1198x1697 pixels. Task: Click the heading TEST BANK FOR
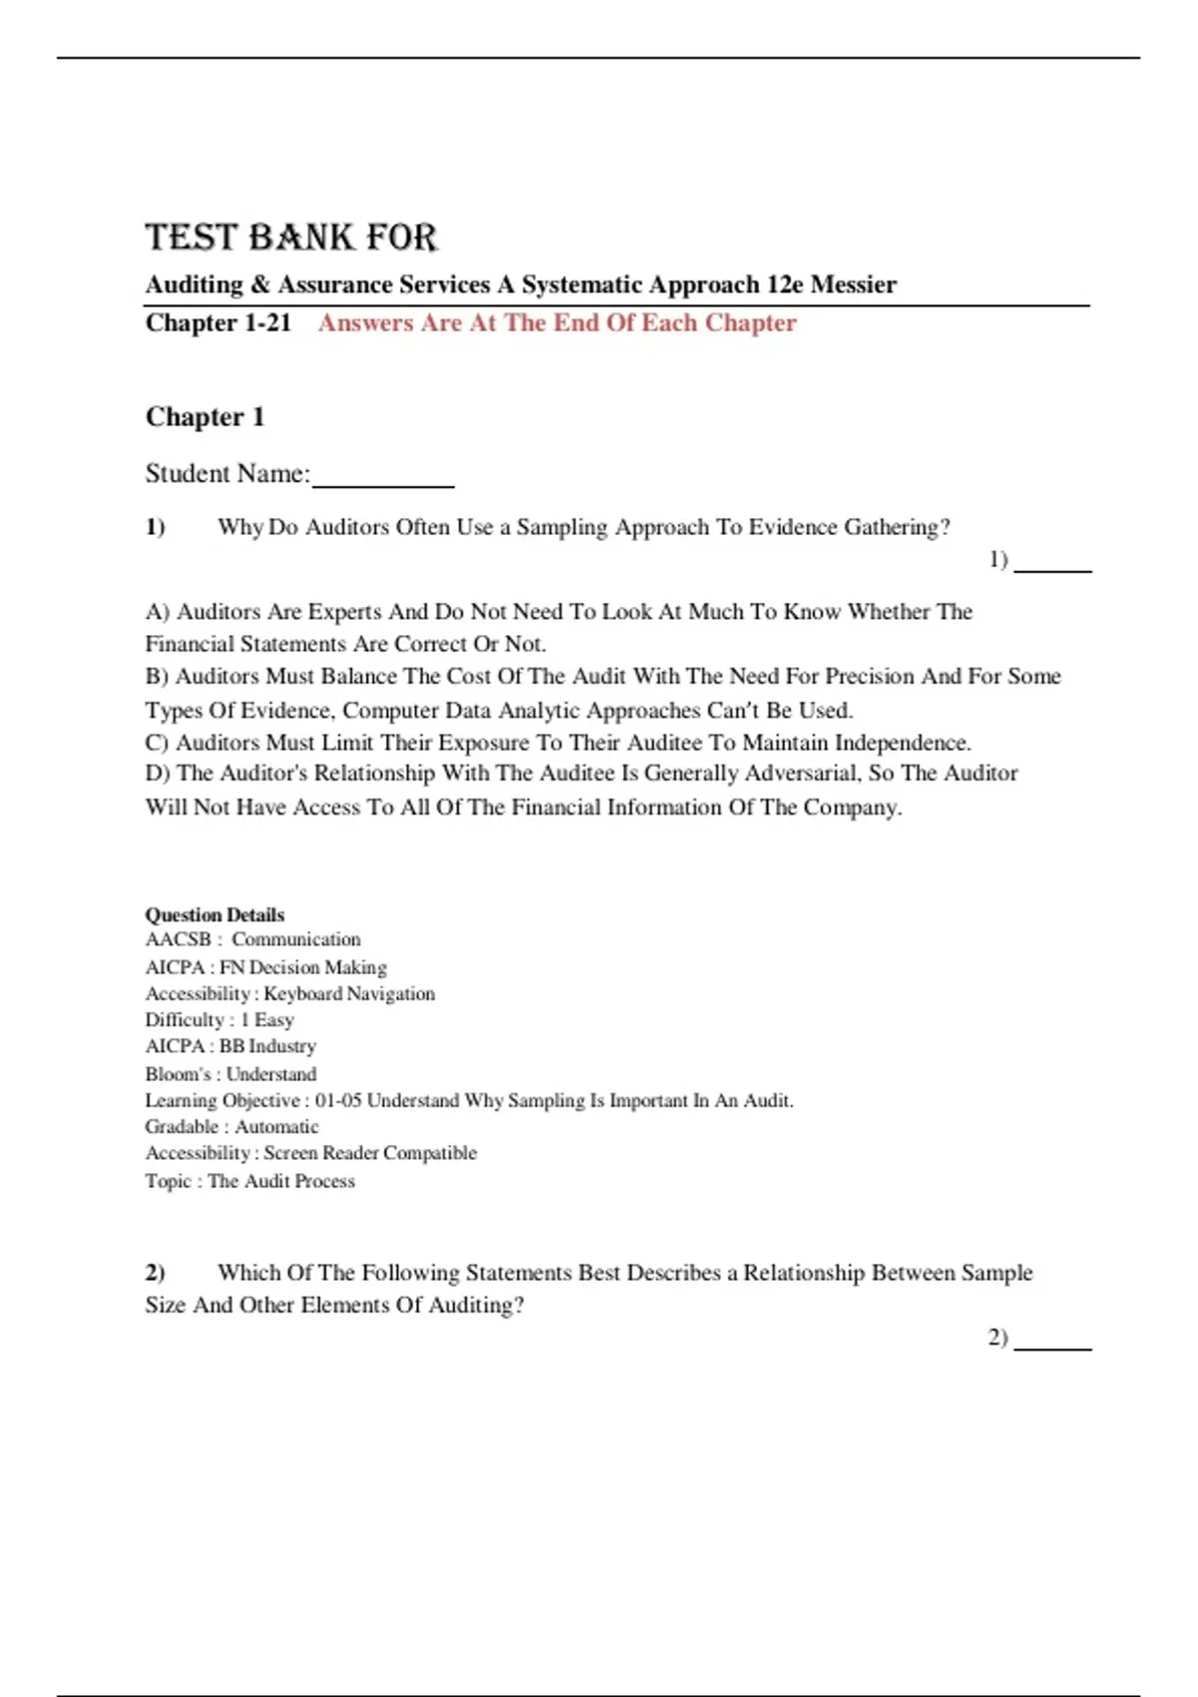click(291, 238)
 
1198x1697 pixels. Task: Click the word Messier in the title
click(853, 284)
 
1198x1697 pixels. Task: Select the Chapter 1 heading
click(205, 416)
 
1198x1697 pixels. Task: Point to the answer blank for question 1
click(1052, 565)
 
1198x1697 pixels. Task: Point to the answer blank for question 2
click(1052, 1344)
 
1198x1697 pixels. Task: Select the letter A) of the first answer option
click(158, 612)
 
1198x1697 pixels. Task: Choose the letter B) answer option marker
click(157, 677)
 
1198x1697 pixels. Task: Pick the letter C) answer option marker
click(157, 743)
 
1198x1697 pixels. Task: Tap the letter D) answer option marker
click(158, 774)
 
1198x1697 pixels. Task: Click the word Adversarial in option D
click(786, 774)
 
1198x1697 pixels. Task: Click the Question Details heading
click(215, 914)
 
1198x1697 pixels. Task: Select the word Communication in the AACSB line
click(296, 939)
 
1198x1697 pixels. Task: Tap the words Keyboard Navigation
click(349, 993)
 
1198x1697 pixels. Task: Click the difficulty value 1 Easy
click(267, 1020)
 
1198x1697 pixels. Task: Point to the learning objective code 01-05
click(338, 1100)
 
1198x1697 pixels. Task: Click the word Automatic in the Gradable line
click(277, 1127)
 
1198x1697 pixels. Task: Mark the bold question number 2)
click(155, 1273)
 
